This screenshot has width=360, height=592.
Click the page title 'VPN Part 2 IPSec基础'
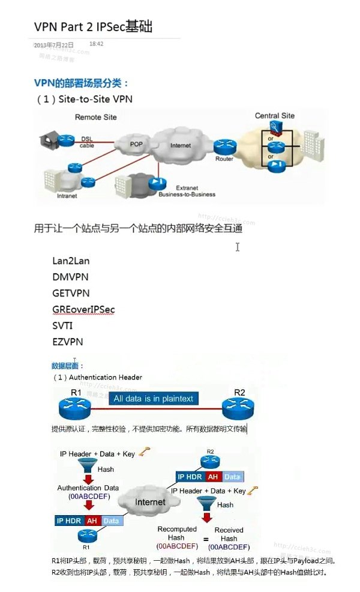pyautogui.click(x=93, y=26)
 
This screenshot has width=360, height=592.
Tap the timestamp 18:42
pyautogui.click(x=97, y=44)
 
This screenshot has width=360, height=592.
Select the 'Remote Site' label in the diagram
pyautogui.click(x=95, y=117)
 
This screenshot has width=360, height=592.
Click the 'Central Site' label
pyautogui.click(x=275, y=115)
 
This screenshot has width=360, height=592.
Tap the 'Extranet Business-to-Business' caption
pyautogui.click(x=187, y=191)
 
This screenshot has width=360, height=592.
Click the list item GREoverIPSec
pyautogui.click(x=83, y=309)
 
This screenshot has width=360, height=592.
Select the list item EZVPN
pyautogui.click(x=68, y=342)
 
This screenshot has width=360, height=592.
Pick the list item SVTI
pyautogui.click(x=63, y=325)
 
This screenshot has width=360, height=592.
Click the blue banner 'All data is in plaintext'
pyautogui.click(x=153, y=399)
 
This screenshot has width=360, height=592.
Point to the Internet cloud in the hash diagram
pyautogui.click(x=150, y=502)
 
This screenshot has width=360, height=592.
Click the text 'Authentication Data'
pyautogui.click(x=88, y=488)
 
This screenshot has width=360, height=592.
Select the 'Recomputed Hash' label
pyautogui.click(x=176, y=533)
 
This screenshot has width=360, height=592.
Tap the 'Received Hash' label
pyautogui.click(x=229, y=534)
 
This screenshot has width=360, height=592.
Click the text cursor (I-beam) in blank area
pyautogui.click(x=238, y=247)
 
